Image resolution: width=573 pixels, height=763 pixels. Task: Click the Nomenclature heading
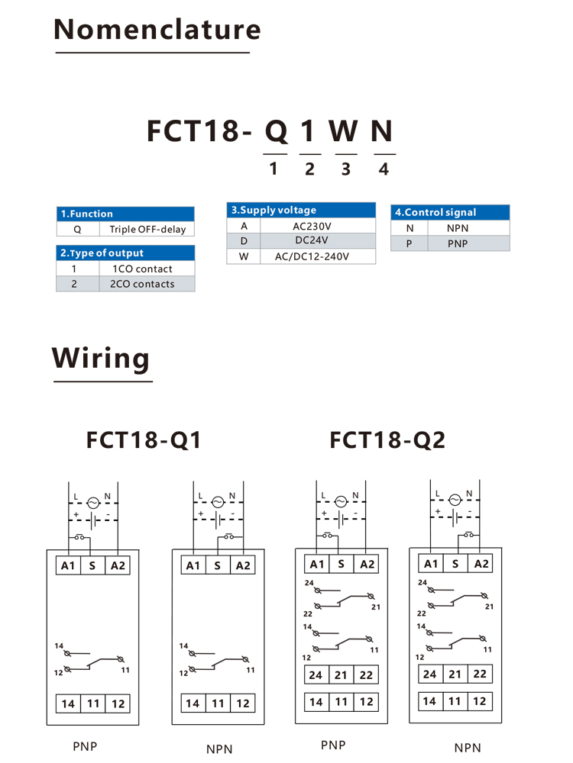pyautogui.click(x=157, y=30)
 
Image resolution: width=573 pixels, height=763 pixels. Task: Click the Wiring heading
pyautogui.click(x=101, y=358)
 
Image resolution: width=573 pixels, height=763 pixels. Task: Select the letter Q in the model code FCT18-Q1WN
pyautogui.click(x=277, y=131)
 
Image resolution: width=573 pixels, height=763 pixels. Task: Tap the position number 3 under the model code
pyautogui.click(x=346, y=169)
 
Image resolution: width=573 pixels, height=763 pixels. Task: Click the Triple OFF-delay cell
pyautogui.click(x=147, y=229)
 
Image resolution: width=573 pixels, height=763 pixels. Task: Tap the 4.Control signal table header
pyautogui.click(x=450, y=212)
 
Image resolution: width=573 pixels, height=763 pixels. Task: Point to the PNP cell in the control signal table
pyautogui.click(x=458, y=243)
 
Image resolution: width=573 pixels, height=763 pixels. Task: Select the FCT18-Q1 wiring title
pyautogui.click(x=144, y=440)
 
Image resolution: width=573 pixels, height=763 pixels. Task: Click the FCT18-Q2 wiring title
pyautogui.click(x=387, y=440)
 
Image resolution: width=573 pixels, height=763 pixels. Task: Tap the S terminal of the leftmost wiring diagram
pyautogui.click(x=92, y=565)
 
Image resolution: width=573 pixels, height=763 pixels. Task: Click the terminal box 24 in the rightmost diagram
pyautogui.click(x=430, y=674)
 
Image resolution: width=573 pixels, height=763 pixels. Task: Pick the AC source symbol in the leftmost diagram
pyautogui.click(x=92, y=502)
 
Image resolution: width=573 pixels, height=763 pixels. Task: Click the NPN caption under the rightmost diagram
pyautogui.click(x=468, y=749)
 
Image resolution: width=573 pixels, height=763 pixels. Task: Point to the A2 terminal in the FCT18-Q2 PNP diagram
pyautogui.click(x=367, y=564)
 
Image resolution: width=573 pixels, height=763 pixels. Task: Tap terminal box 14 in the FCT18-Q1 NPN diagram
pyautogui.click(x=193, y=703)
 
